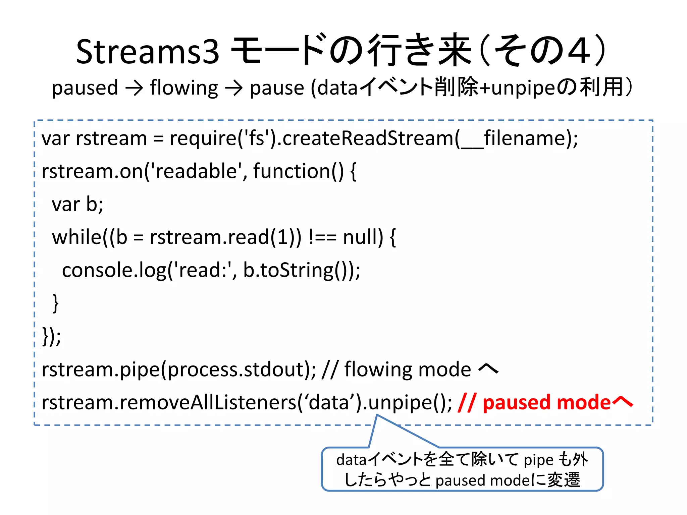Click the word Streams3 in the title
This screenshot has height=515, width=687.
pos(148,52)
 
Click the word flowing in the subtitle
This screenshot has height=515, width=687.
pos(184,88)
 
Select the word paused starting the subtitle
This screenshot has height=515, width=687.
pos(85,88)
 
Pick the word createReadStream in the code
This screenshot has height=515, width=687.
pos(368,138)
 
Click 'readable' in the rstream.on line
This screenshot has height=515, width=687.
pos(196,171)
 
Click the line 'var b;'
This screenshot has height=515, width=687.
pos(77,204)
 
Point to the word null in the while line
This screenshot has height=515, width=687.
pos(363,237)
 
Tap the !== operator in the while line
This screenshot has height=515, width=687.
pos(322,237)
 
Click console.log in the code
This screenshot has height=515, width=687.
pos(114,270)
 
